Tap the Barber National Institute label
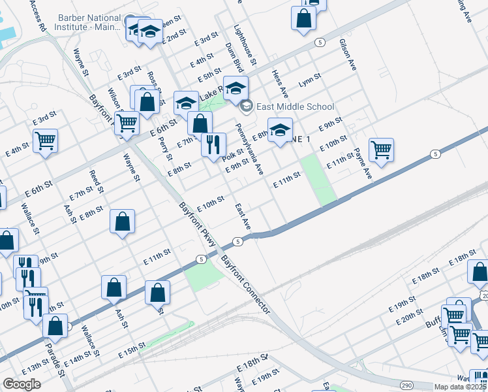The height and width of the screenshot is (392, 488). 89,23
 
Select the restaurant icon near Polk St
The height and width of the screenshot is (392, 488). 213,145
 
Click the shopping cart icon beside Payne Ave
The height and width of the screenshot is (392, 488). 381,149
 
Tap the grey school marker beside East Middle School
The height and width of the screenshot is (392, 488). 246,106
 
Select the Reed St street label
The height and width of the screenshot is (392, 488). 96,182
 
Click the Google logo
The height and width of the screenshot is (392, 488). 22,384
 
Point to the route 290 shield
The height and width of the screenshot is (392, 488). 406,386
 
